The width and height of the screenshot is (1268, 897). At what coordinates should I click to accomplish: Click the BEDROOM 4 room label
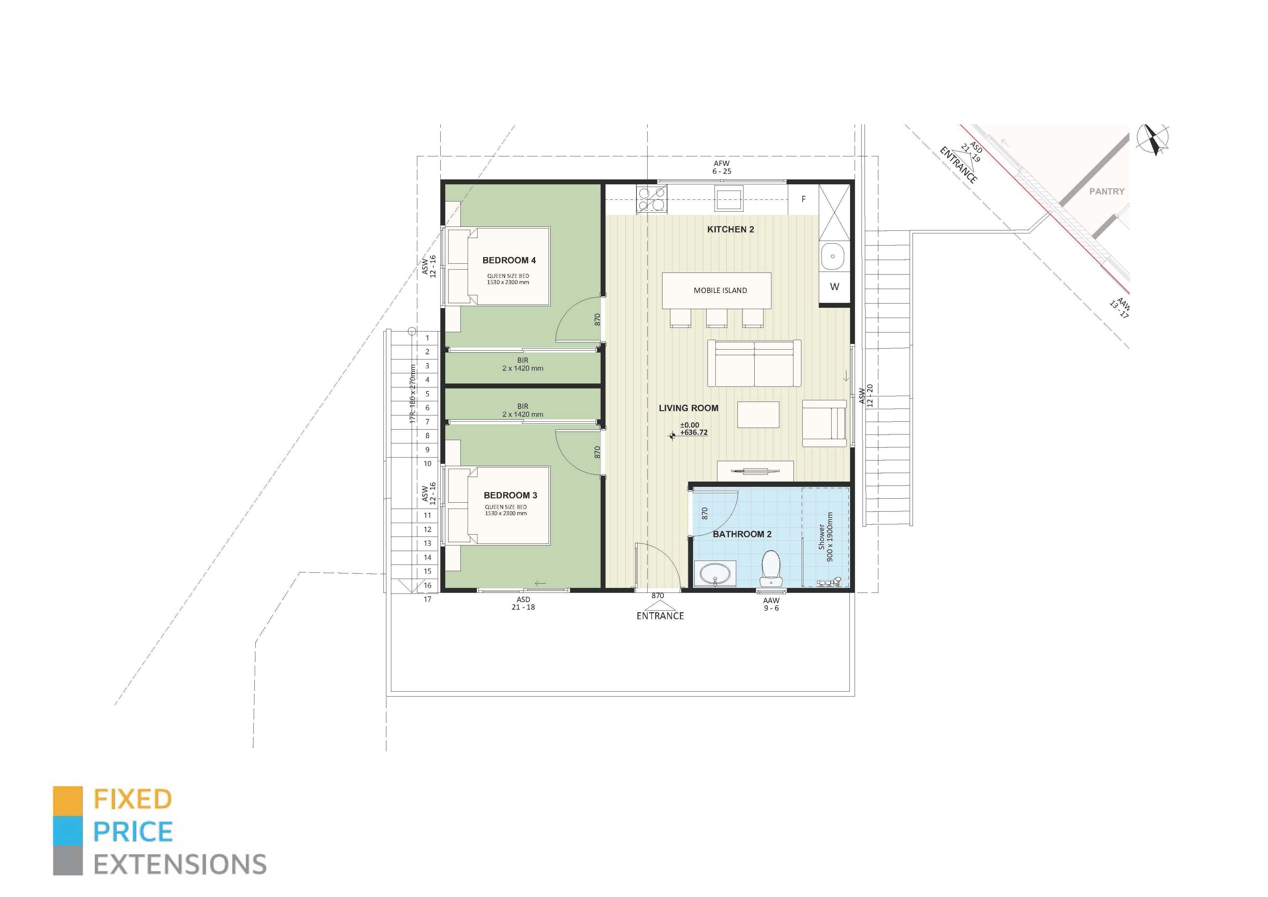coord(509,260)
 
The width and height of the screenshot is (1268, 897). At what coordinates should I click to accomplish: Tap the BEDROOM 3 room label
coord(510,495)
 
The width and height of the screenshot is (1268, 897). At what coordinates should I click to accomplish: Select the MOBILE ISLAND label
coord(720,291)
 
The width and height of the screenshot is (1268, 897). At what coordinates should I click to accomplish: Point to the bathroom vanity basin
coord(715,573)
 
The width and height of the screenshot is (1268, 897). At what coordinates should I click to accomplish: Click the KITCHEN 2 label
coord(730,229)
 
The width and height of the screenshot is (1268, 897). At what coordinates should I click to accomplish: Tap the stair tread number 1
coord(427,337)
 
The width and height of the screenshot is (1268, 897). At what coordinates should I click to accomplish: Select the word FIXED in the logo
coord(133,799)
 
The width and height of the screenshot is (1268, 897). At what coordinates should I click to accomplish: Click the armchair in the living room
coord(824,423)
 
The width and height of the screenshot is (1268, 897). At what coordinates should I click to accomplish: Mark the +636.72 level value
coord(694,433)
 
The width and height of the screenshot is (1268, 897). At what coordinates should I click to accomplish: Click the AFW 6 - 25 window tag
coord(722,167)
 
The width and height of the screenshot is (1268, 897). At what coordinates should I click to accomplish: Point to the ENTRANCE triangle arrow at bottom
coord(658,604)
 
